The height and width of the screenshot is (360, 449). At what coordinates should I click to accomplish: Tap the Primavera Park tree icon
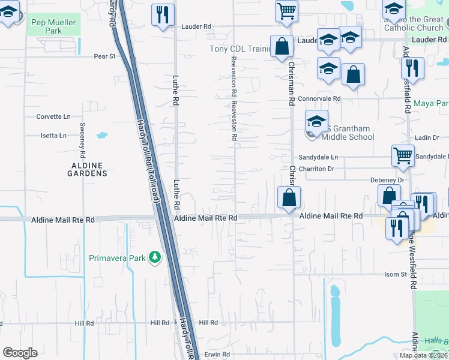(155, 257)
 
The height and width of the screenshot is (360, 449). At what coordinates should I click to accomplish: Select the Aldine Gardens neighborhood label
(88, 169)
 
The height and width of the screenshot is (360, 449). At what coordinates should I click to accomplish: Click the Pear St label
(104, 56)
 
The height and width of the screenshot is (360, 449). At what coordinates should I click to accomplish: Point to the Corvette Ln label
(53, 116)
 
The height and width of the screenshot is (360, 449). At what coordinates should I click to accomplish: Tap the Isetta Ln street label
(53, 136)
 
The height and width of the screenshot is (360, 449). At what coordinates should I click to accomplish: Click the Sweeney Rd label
(83, 138)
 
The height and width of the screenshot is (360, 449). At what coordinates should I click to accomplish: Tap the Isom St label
(396, 274)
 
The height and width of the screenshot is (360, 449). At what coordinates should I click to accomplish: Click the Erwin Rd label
(217, 355)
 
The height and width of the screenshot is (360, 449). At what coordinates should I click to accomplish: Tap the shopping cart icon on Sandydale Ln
(403, 155)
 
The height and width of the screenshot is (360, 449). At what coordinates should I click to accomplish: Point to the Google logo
(20, 353)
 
